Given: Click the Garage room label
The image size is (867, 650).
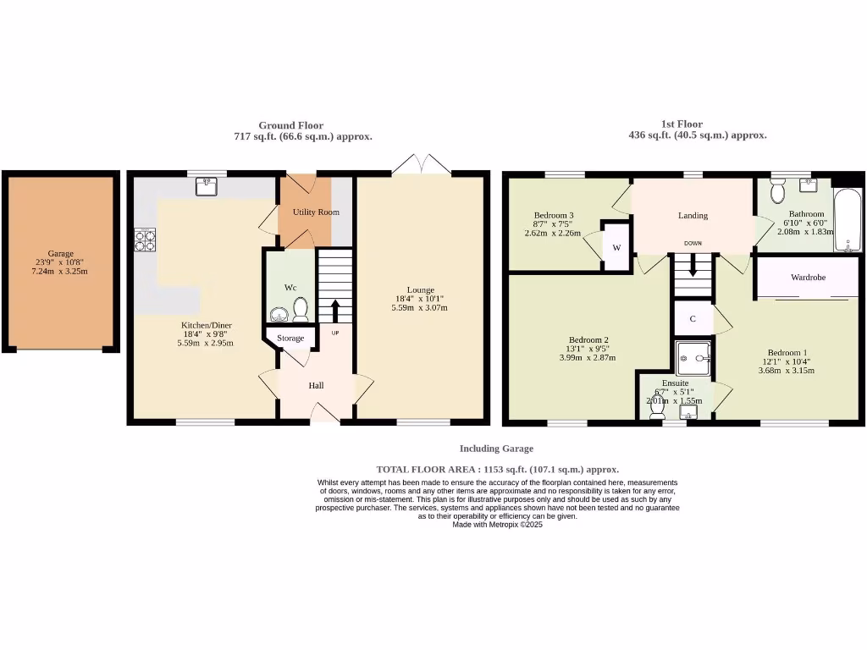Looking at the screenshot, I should [60, 253].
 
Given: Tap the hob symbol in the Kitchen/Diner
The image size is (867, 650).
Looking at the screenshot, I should [144, 240].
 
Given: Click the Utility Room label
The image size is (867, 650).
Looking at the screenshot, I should [316, 212].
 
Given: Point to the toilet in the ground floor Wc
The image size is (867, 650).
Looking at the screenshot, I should [300, 311].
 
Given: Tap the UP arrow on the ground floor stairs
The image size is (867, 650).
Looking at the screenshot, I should [335, 310].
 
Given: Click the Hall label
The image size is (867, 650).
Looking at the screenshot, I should [316, 385].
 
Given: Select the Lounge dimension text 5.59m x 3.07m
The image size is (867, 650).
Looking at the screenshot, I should [419, 307].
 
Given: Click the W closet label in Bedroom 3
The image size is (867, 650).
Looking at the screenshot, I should [616, 248].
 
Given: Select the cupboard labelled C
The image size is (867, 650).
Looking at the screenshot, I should [693, 319].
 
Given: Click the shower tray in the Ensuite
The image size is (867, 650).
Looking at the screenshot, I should [693, 358].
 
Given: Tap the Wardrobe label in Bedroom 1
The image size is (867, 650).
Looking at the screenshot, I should [808, 277].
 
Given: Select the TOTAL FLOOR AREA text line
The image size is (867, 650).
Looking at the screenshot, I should [497, 469].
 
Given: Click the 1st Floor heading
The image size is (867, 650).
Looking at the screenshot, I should [682, 124].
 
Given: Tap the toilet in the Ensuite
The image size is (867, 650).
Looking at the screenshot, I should [656, 409].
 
